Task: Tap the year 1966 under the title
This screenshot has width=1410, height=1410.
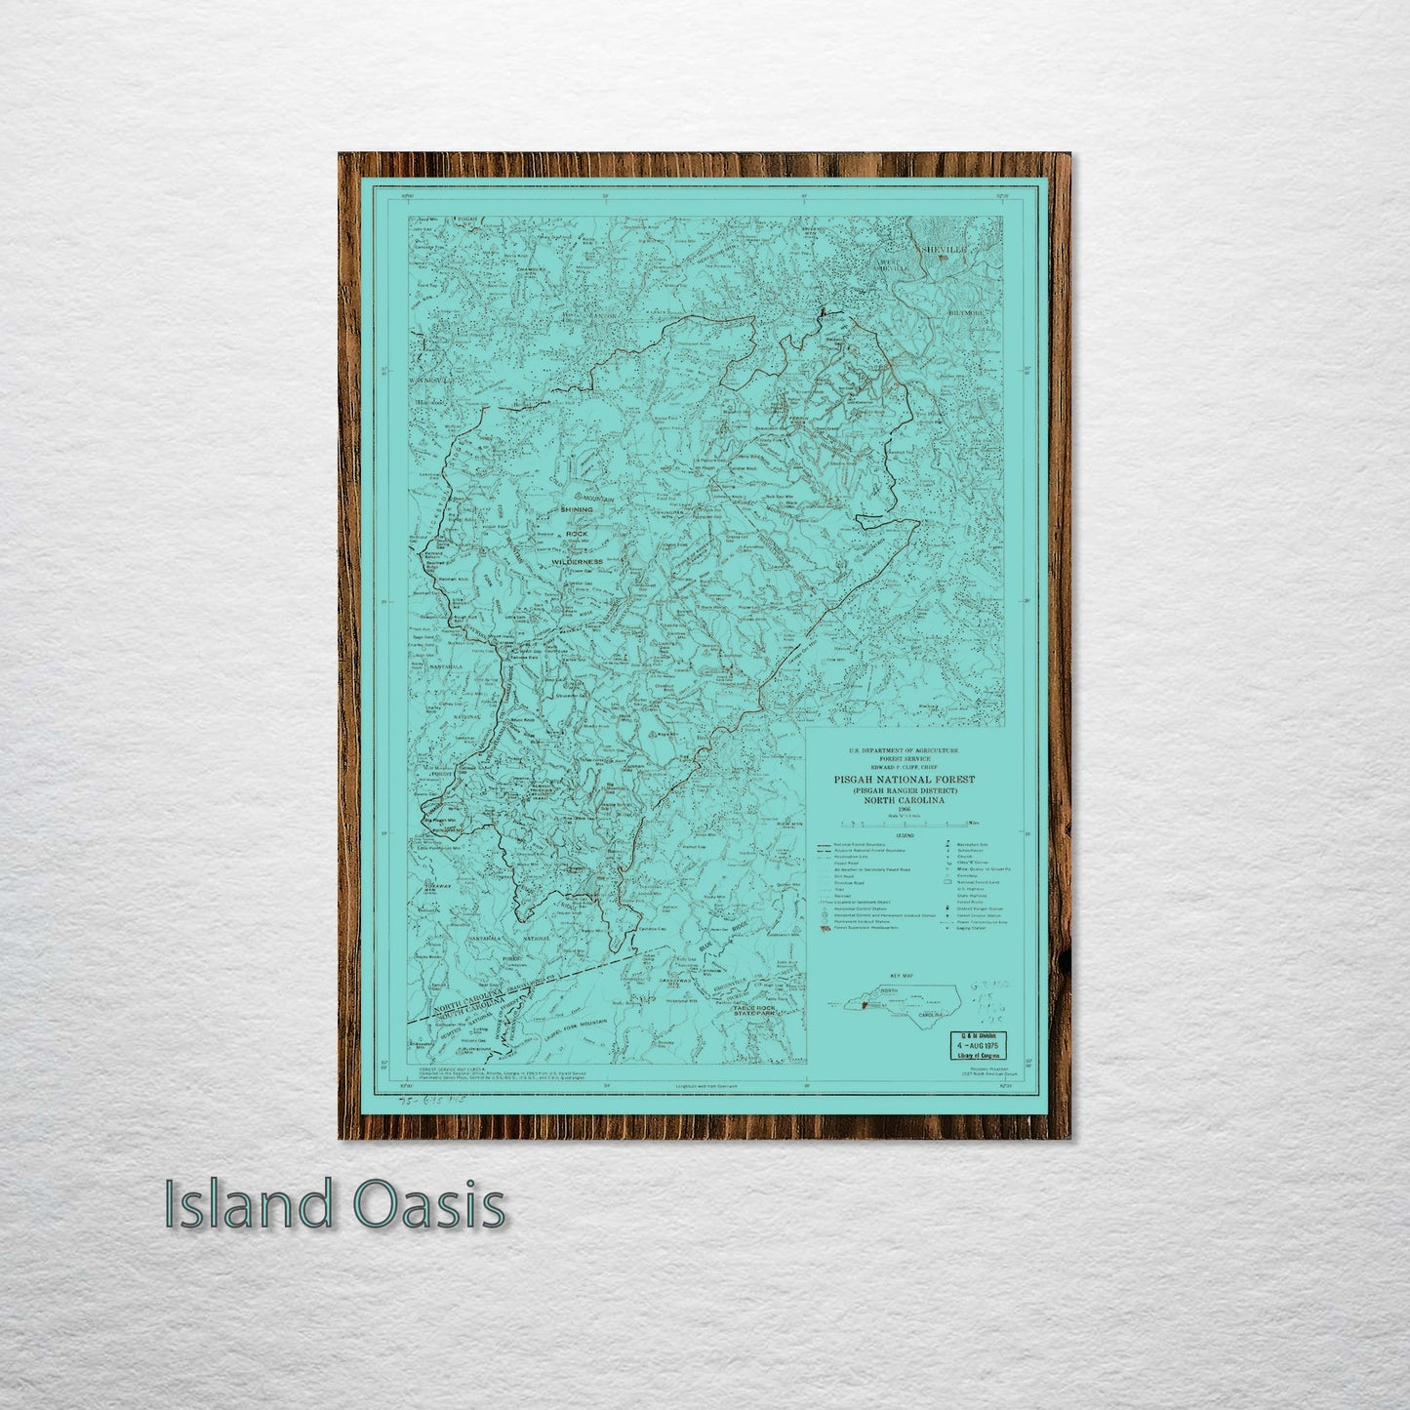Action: [905, 808]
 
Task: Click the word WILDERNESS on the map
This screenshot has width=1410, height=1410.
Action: [577, 562]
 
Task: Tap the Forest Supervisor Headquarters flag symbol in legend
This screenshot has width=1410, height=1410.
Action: [826, 927]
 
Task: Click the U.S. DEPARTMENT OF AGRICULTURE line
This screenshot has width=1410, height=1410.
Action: [904, 749]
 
